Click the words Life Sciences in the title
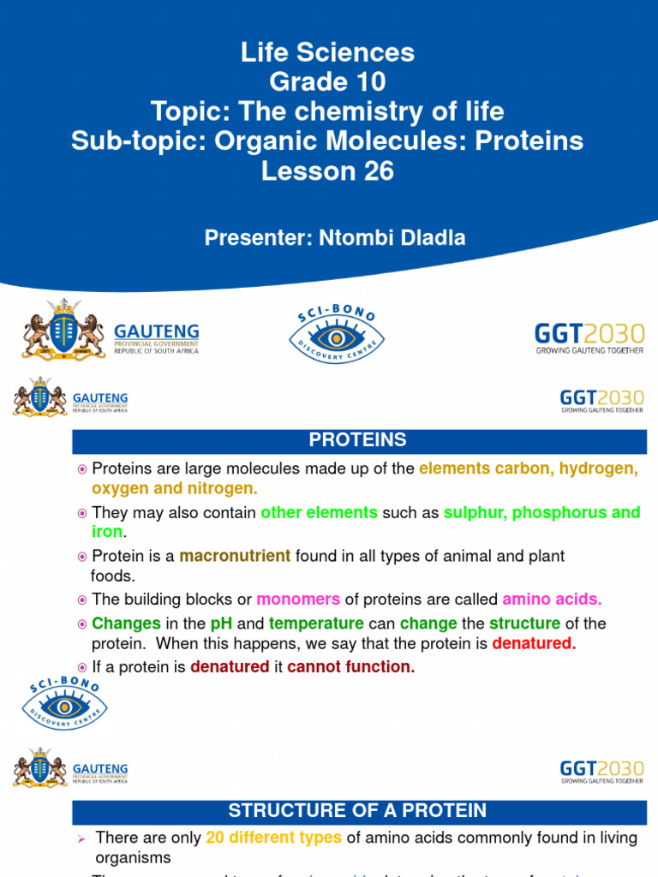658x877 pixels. pos(328,53)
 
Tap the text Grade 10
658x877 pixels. pos(328,82)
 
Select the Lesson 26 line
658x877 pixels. pos(328,171)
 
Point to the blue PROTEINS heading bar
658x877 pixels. pos(358,441)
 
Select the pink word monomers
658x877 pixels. pos(298,600)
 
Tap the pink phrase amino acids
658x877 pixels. pos(552,600)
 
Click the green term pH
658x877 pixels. pos(221,623)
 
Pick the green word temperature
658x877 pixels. pos(316,623)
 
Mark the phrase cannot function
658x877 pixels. pos(351,667)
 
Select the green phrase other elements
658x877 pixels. pos(319,513)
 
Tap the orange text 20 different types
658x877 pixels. pos(274,838)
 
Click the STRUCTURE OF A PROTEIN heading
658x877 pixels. pos(358,810)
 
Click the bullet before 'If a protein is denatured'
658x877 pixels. pos(82,667)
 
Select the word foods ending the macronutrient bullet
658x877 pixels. pos(113,576)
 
